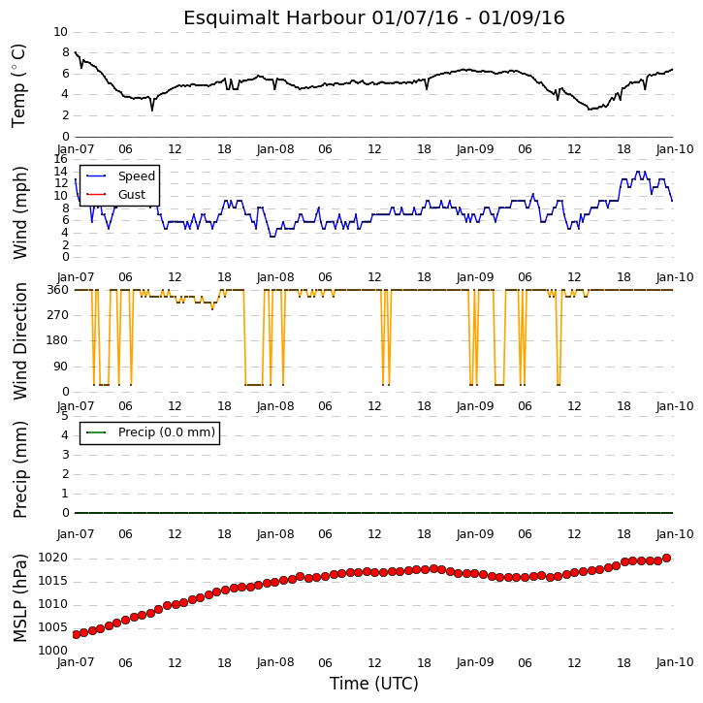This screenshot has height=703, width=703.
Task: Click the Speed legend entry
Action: (120, 176)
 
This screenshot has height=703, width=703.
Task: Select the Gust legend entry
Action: (115, 195)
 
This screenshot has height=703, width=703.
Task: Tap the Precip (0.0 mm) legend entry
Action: (150, 432)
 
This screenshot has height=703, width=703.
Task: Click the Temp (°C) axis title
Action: (18, 85)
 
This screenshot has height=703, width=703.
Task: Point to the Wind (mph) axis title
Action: (20, 212)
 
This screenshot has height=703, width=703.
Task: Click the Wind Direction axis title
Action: (20, 340)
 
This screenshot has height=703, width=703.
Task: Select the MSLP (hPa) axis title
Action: (20, 597)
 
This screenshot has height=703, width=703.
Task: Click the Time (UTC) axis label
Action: (374, 684)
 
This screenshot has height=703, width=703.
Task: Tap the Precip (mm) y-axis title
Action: (20, 469)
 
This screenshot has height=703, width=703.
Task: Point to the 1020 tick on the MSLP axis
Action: (52, 558)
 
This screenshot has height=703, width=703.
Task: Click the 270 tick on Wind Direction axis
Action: (58, 315)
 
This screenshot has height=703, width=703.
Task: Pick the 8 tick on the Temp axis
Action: (66, 53)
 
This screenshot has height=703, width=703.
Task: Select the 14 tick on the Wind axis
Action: (60, 172)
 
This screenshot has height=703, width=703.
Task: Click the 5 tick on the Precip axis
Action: (66, 416)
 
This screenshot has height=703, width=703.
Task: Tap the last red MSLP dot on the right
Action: (666, 559)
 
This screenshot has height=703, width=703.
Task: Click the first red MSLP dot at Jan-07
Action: (76, 634)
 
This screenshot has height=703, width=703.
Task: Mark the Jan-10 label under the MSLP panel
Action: (675, 662)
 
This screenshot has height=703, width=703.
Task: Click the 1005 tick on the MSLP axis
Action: (52, 627)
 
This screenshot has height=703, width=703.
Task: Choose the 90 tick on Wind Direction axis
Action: (62, 367)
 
